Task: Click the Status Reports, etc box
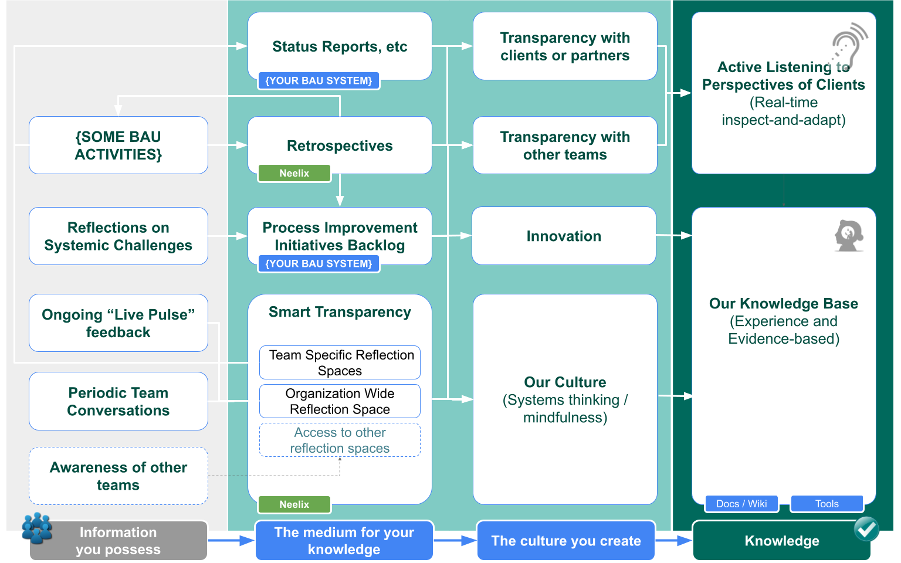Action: click(340, 46)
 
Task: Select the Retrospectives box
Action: click(340, 145)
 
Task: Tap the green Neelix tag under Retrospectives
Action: click(294, 174)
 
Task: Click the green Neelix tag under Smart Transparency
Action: click(294, 504)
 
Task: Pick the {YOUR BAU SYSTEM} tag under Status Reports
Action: click(319, 81)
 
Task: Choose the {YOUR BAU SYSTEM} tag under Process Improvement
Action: click(319, 264)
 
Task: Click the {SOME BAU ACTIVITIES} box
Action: click(118, 145)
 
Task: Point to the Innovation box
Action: click(564, 236)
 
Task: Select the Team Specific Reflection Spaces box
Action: click(340, 362)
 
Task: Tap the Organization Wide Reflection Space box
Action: click(340, 401)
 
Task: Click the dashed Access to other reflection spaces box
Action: click(340, 440)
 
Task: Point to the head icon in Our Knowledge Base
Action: click(849, 235)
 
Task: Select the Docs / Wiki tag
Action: click(741, 504)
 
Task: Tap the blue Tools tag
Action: click(827, 504)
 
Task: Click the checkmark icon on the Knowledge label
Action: click(866, 529)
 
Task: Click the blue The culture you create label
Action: click(566, 541)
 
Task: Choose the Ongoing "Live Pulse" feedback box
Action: click(118, 323)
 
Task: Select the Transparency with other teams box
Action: click(565, 145)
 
